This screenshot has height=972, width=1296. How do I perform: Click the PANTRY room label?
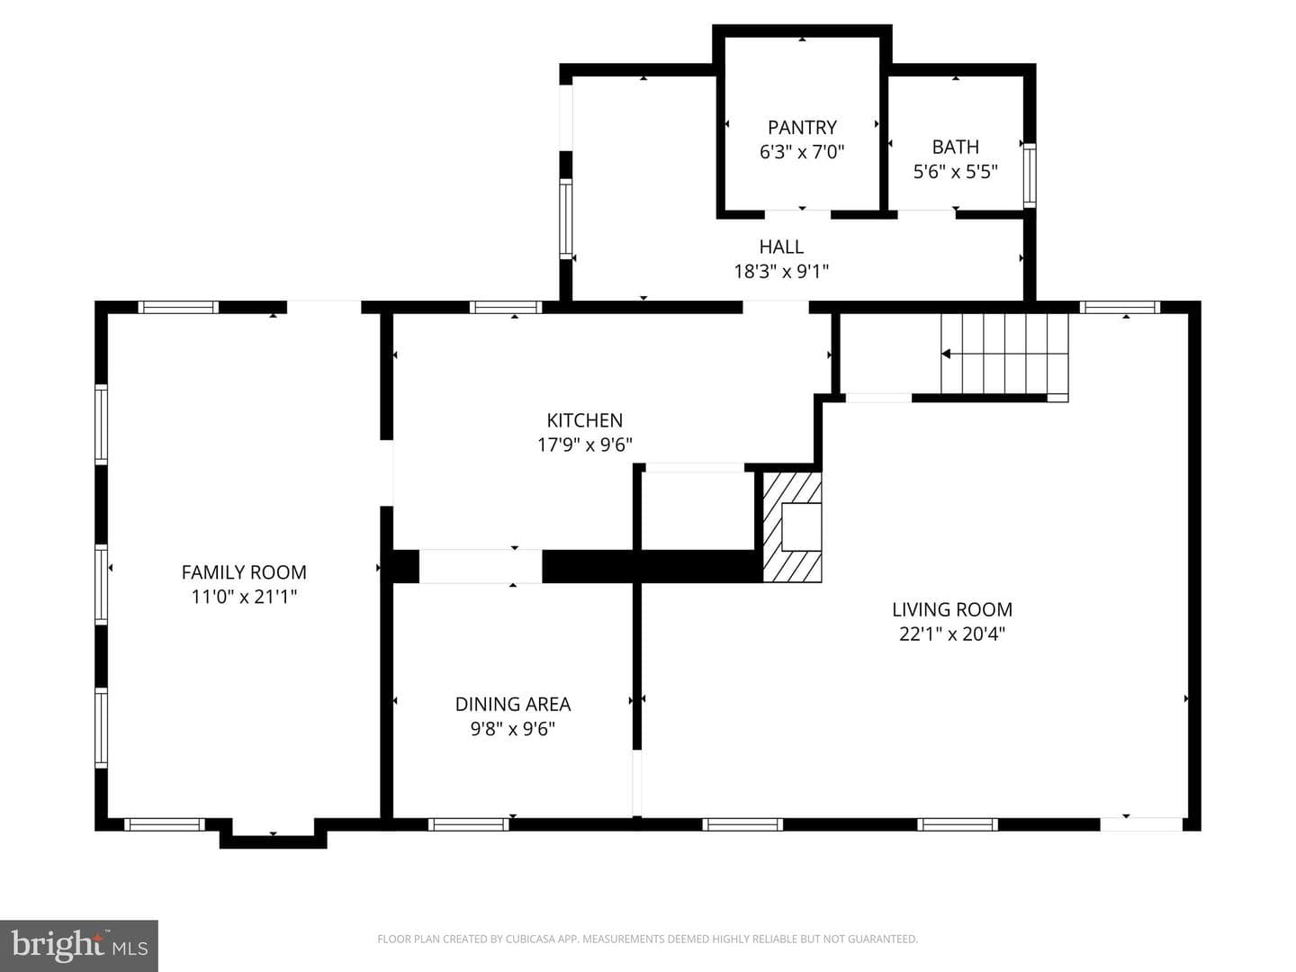[x=802, y=128]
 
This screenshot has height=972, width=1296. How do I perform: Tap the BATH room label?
[x=955, y=147]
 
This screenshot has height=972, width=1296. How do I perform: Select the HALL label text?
[x=781, y=246]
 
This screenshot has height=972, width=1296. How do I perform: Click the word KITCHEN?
[x=584, y=420]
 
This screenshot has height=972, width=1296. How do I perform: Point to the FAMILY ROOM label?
[x=244, y=571]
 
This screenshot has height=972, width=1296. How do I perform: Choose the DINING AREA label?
[x=512, y=704]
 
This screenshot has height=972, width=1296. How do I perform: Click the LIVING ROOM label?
[x=952, y=609]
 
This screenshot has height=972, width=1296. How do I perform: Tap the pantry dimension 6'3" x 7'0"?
[x=802, y=152]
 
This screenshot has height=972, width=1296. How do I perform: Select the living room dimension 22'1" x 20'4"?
[x=952, y=634]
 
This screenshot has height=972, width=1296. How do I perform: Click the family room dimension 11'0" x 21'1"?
[x=244, y=597]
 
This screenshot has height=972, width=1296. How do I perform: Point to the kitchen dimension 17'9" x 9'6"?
[x=584, y=445]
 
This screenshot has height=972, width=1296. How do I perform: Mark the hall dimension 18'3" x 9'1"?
[x=781, y=271]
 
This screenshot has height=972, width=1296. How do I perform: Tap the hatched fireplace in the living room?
[x=792, y=527]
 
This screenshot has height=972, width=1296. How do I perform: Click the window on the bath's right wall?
[x=1029, y=175]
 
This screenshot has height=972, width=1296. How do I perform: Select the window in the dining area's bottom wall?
[x=468, y=824]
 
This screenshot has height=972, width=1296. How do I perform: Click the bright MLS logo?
[x=79, y=946]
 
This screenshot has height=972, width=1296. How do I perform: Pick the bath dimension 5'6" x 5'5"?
[x=955, y=171]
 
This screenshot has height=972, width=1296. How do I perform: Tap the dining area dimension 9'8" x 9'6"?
[x=512, y=729]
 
